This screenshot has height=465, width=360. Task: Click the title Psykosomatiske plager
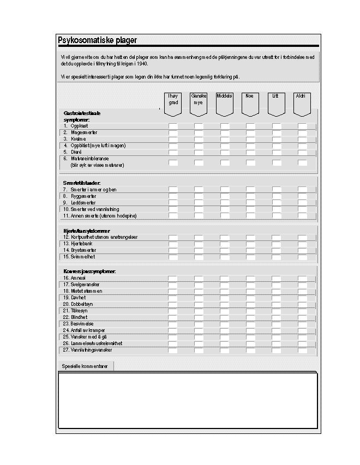pos(97,40)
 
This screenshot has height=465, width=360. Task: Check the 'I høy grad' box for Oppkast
pos(172,126)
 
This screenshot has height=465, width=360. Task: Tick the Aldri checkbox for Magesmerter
pos(302,132)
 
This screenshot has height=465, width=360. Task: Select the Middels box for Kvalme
pos(224,139)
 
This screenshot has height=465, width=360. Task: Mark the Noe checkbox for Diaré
pos(250,152)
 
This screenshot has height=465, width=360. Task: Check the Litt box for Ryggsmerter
pos(276,196)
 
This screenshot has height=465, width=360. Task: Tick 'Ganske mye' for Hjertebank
pos(199,244)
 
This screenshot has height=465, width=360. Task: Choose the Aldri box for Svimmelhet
pos(302,257)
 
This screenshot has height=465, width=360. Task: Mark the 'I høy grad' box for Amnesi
pos(172,279)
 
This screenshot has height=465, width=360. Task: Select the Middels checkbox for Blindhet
pos(224,317)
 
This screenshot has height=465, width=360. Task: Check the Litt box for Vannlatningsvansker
pos(276,350)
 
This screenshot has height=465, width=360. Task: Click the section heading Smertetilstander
pos(82,183)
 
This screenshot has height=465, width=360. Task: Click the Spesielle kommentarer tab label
pos(85,366)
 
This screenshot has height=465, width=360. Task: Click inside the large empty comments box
pos(187,401)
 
